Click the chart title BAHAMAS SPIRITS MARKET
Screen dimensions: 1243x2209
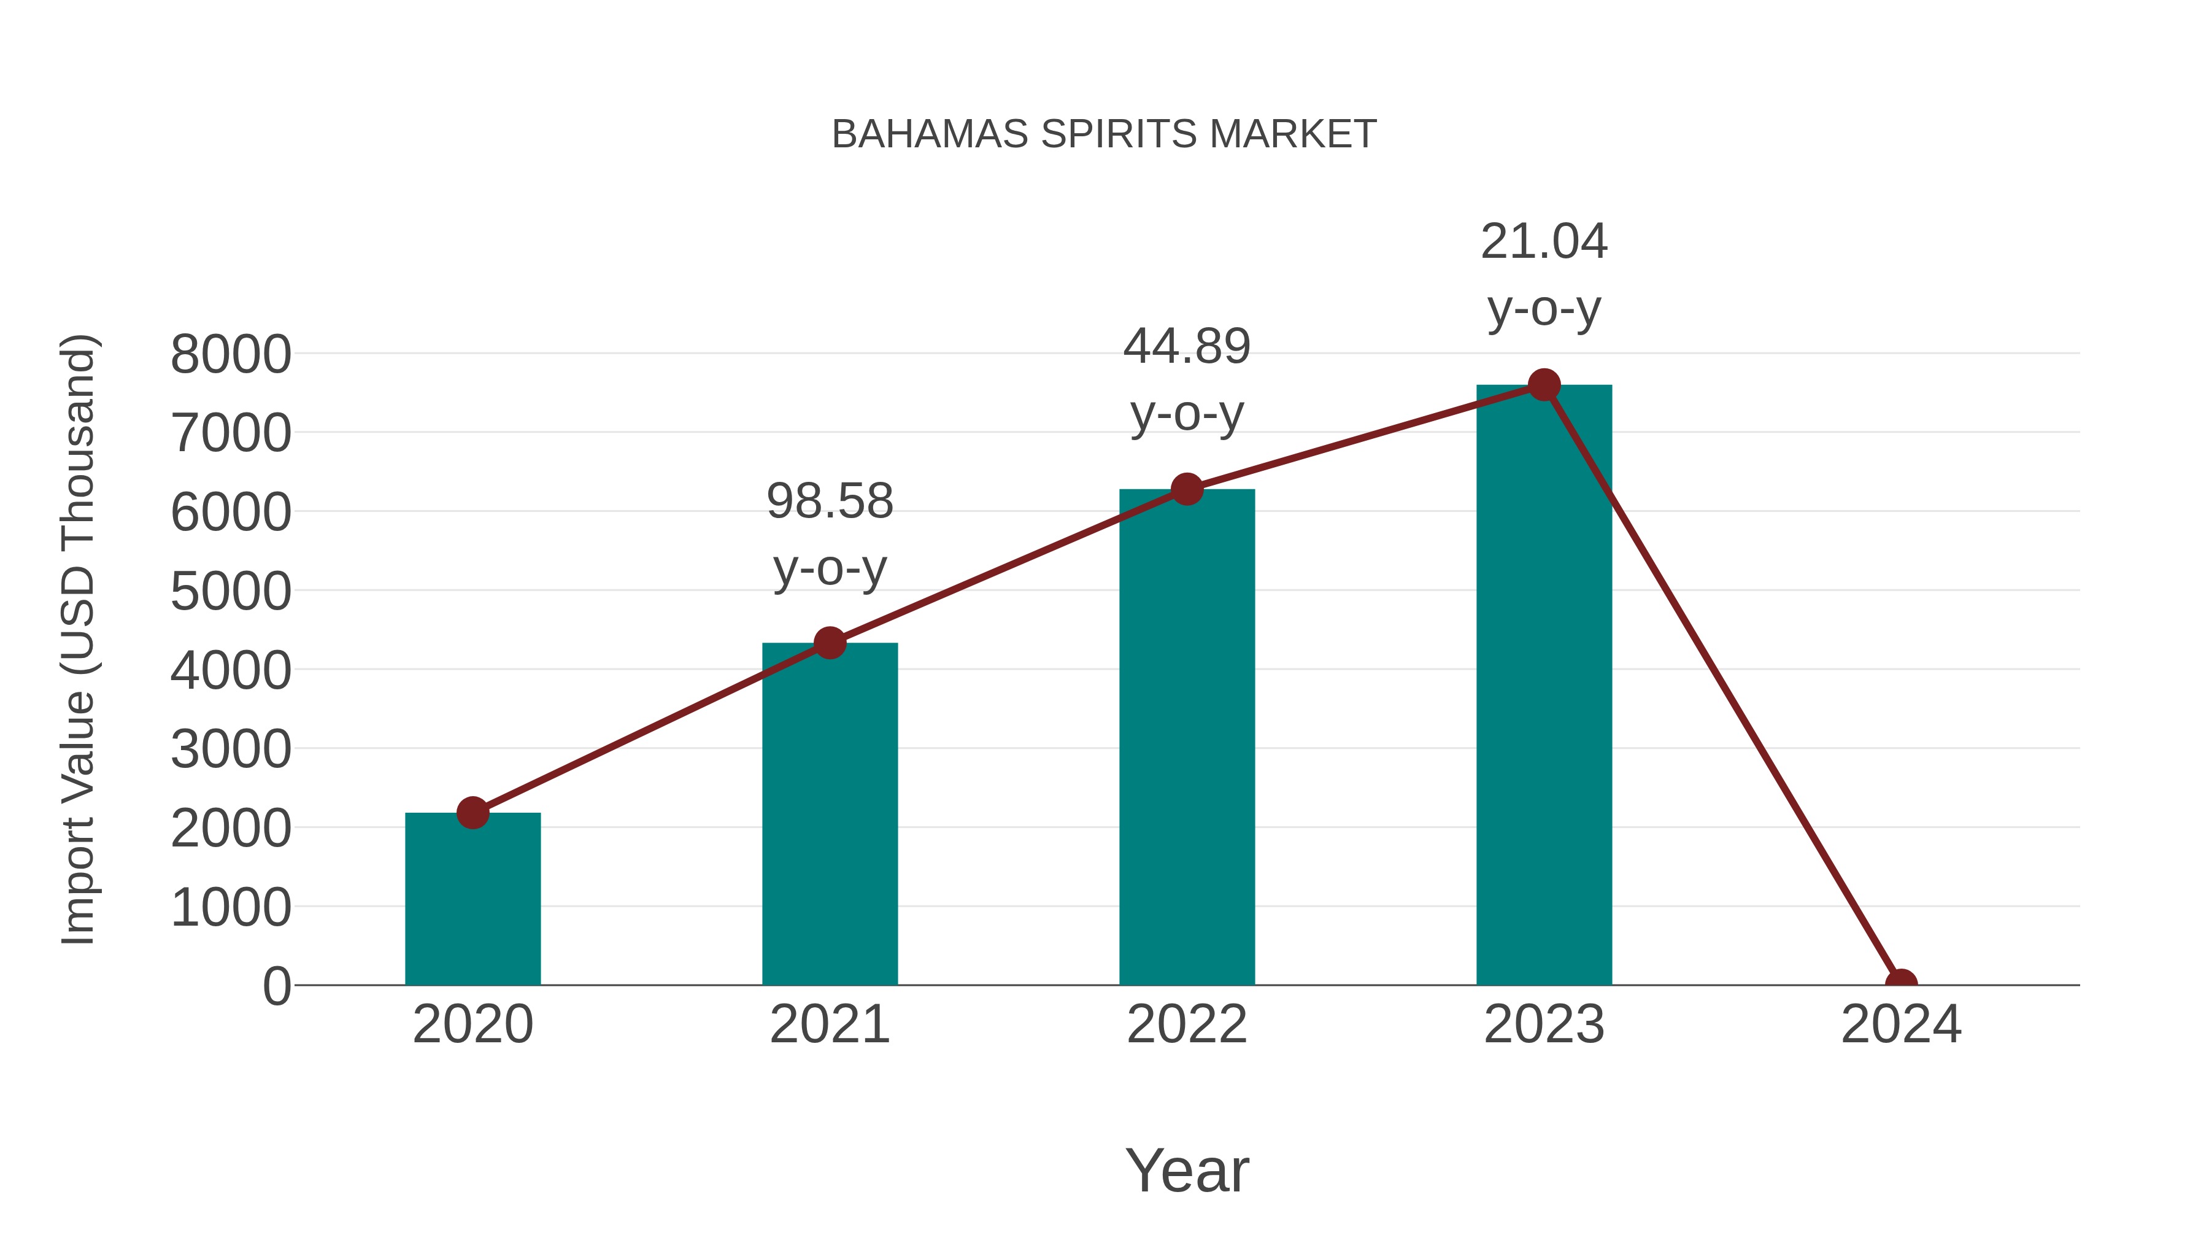pyautogui.click(x=1104, y=134)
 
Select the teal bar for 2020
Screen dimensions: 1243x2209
pyautogui.click(x=472, y=900)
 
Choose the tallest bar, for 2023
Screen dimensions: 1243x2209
pyautogui.click(x=1544, y=686)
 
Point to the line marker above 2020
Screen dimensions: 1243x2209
pyautogui.click(x=472, y=812)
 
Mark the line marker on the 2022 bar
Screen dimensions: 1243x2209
pyautogui.click(x=1187, y=489)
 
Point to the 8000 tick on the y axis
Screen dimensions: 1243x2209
pyautogui.click(x=231, y=354)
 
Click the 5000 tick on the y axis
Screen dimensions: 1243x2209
pyautogui.click(x=231, y=592)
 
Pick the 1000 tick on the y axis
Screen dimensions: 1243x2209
pyautogui.click(x=231, y=908)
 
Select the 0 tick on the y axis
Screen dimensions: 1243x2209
pyautogui.click(x=276, y=986)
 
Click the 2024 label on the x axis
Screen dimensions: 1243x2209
pyautogui.click(x=1901, y=1024)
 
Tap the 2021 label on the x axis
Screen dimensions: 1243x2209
pyautogui.click(x=829, y=1024)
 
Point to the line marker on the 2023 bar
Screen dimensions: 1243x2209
pyautogui.click(x=1544, y=385)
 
